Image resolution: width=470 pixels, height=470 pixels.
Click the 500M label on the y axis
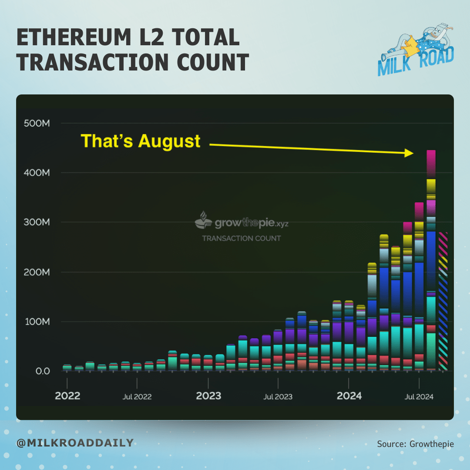coord(37,123)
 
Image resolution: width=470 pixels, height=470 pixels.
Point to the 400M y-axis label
coord(37,173)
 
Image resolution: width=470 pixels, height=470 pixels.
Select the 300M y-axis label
coord(37,222)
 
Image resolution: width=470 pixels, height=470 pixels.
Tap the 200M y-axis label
coord(37,272)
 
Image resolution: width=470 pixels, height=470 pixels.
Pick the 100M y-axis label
coord(37,322)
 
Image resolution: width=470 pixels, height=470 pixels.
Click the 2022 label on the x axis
coord(67,396)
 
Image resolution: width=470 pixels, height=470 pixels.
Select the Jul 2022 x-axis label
coord(137,396)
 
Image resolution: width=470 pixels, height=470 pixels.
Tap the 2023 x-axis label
coord(208,396)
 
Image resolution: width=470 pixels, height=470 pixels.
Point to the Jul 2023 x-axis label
coord(278,396)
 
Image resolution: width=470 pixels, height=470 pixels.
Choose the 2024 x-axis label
coord(349,396)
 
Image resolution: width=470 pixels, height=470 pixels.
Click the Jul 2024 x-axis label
coord(419,396)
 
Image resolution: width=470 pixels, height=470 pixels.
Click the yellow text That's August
coord(141,141)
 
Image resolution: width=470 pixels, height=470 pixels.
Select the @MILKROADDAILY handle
coord(74,443)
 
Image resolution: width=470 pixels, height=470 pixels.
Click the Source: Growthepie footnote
coord(415,444)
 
